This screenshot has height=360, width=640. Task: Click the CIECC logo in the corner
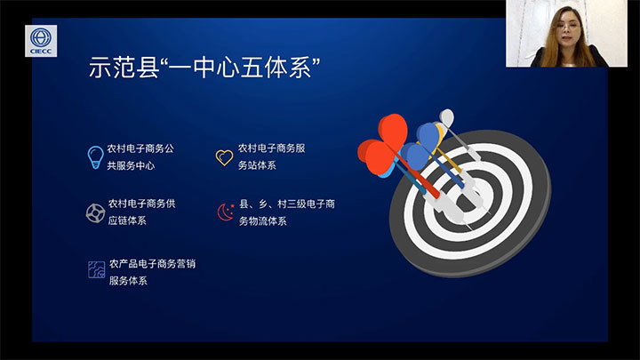pyautogui.click(x=41, y=41)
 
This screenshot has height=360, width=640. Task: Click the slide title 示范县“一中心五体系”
pyautogui.click(x=204, y=68)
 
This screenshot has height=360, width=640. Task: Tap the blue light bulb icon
pyautogui.click(x=95, y=157)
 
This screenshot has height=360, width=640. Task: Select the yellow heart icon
pyautogui.click(x=224, y=157)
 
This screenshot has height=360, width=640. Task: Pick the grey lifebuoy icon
pyautogui.click(x=95, y=213)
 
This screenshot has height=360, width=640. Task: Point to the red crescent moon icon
pyautogui.click(x=226, y=212)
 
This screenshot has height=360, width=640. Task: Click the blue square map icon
pyautogui.click(x=97, y=270)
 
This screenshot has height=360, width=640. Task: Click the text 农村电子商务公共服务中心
pyautogui.click(x=140, y=156)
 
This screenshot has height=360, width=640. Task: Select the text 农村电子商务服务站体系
pyautogui.click(x=271, y=156)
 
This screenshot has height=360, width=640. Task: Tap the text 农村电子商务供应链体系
pyautogui.click(x=141, y=212)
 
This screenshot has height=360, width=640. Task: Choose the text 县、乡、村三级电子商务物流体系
pyautogui.click(x=286, y=212)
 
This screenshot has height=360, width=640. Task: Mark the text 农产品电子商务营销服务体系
pyautogui.click(x=152, y=272)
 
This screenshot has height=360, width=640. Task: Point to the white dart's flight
pyautogui.click(x=447, y=117)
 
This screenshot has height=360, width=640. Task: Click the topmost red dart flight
pyautogui.click(x=393, y=130)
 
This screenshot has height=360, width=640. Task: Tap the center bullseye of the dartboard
pyautogui.click(x=469, y=200)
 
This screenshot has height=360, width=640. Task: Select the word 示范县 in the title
pyautogui.click(x=124, y=68)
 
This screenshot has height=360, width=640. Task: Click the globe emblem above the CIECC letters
pyautogui.click(x=41, y=37)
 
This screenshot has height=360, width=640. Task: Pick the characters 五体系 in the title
pyautogui.click(x=276, y=68)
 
